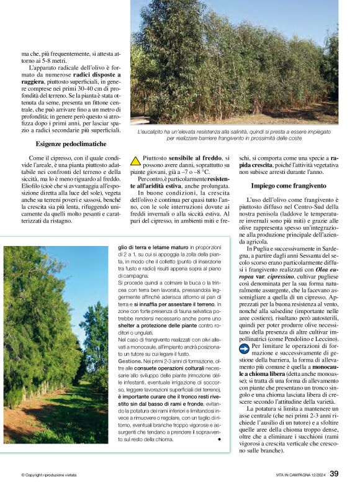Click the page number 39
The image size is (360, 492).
click(334, 473)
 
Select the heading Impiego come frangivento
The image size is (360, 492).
click(289, 186)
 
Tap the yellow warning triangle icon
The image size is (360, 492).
click(135, 160)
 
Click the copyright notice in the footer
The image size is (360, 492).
click(52, 475)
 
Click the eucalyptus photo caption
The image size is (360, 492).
click(234, 135)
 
